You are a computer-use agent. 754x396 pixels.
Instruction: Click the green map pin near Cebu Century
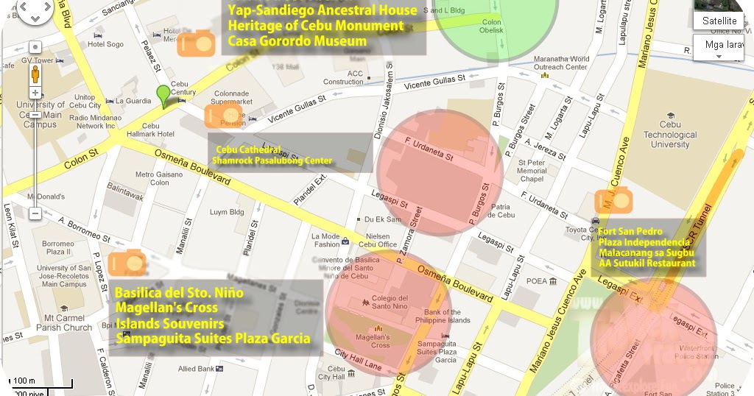point(163,96)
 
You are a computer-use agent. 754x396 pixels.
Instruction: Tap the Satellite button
point(719,21)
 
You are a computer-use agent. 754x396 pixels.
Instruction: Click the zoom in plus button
point(35,93)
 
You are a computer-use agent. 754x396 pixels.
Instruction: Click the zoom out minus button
point(35,213)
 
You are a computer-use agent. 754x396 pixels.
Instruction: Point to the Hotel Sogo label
point(105,44)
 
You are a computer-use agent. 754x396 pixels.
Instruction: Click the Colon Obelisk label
point(491,26)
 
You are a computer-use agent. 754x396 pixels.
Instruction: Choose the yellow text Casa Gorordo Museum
point(297,41)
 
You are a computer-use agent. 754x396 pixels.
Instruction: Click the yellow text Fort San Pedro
point(630,231)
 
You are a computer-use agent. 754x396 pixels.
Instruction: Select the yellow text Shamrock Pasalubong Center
point(272,160)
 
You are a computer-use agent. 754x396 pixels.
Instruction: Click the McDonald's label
point(46,197)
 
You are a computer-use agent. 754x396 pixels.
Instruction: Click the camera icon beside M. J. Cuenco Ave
point(613,199)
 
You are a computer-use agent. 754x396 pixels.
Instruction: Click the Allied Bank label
point(195,368)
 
